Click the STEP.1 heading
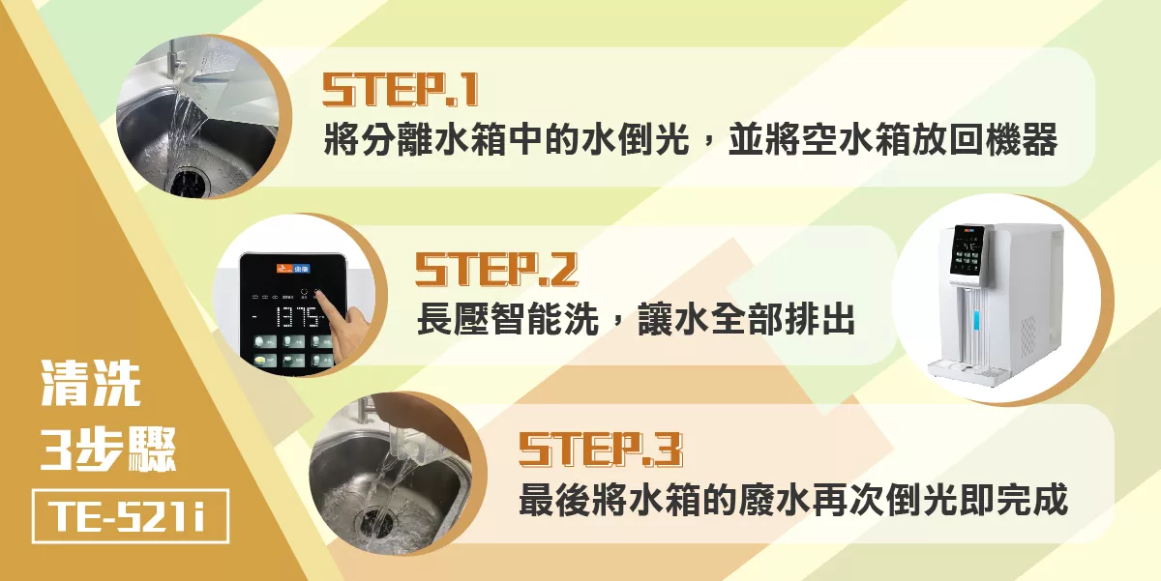point(400,90)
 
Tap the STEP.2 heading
point(496,269)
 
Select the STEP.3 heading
point(601,450)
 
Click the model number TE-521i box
point(131,516)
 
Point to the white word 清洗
point(91,384)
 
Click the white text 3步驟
point(108,449)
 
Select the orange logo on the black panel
point(293,269)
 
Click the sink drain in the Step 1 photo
point(187,180)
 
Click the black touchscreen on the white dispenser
point(967,249)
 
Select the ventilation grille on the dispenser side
point(1028,336)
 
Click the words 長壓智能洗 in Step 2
point(508,318)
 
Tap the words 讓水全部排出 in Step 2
point(745,318)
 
